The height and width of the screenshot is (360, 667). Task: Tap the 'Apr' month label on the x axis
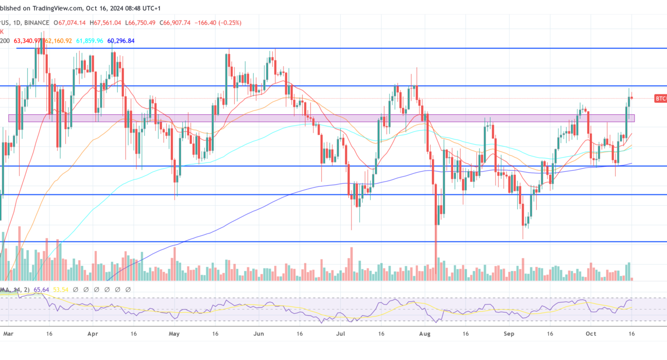pyautogui.click(x=92, y=333)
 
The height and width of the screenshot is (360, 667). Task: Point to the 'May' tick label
pyautogui.click(x=174, y=333)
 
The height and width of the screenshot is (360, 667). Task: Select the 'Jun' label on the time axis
pyautogui.click(x=259, y=333)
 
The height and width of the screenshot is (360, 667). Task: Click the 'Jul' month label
pyautogui.click(x=341, y=333)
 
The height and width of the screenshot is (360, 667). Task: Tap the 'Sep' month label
pyautogui.click(x=509, y=333)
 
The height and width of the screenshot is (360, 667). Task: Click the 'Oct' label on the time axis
pyautogui.click(x=591, y=333)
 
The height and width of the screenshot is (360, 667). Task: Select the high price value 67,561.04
pyautogui.click(x=108, y=23)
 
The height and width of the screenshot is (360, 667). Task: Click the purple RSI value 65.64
pyautogui.click(x=41, y=290)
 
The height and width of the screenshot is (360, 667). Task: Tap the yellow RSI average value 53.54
pyautogui.click(x=61, y=290)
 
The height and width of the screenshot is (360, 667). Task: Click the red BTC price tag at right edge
pyautogui.click(x=660, y=98)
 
